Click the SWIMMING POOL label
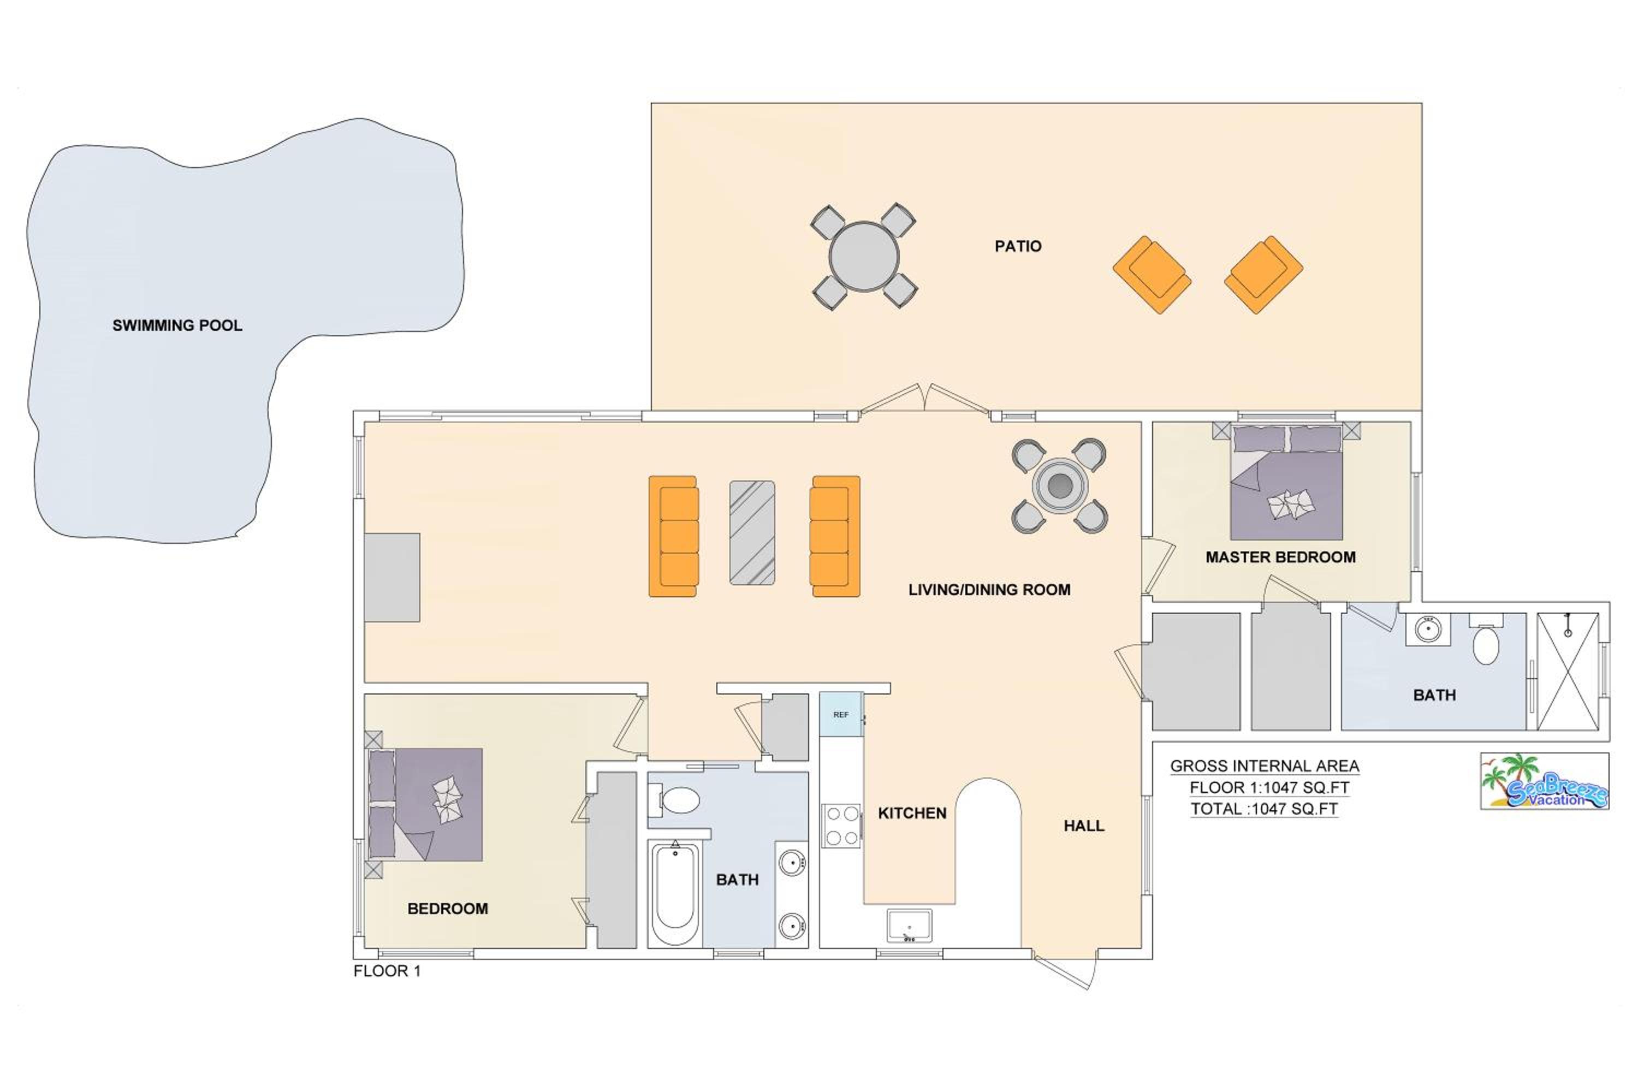(177, 325)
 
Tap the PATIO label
(1018, 246)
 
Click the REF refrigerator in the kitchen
(841, 714)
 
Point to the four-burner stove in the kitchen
(841, 826)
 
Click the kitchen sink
(909, 925)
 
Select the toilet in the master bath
(1486, 640)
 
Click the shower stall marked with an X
(1568, 672)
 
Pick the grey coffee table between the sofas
(752, 532)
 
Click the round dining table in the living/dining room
(1059, 486)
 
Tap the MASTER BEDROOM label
(1281, 557)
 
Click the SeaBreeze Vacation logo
(1545, 781)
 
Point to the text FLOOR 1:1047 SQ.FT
(1269, 788)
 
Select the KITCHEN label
(912, 814)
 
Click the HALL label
(1084, 826)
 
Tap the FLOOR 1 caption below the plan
(387, 971)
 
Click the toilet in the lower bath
(675, 800)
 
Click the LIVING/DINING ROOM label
(989, 590)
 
